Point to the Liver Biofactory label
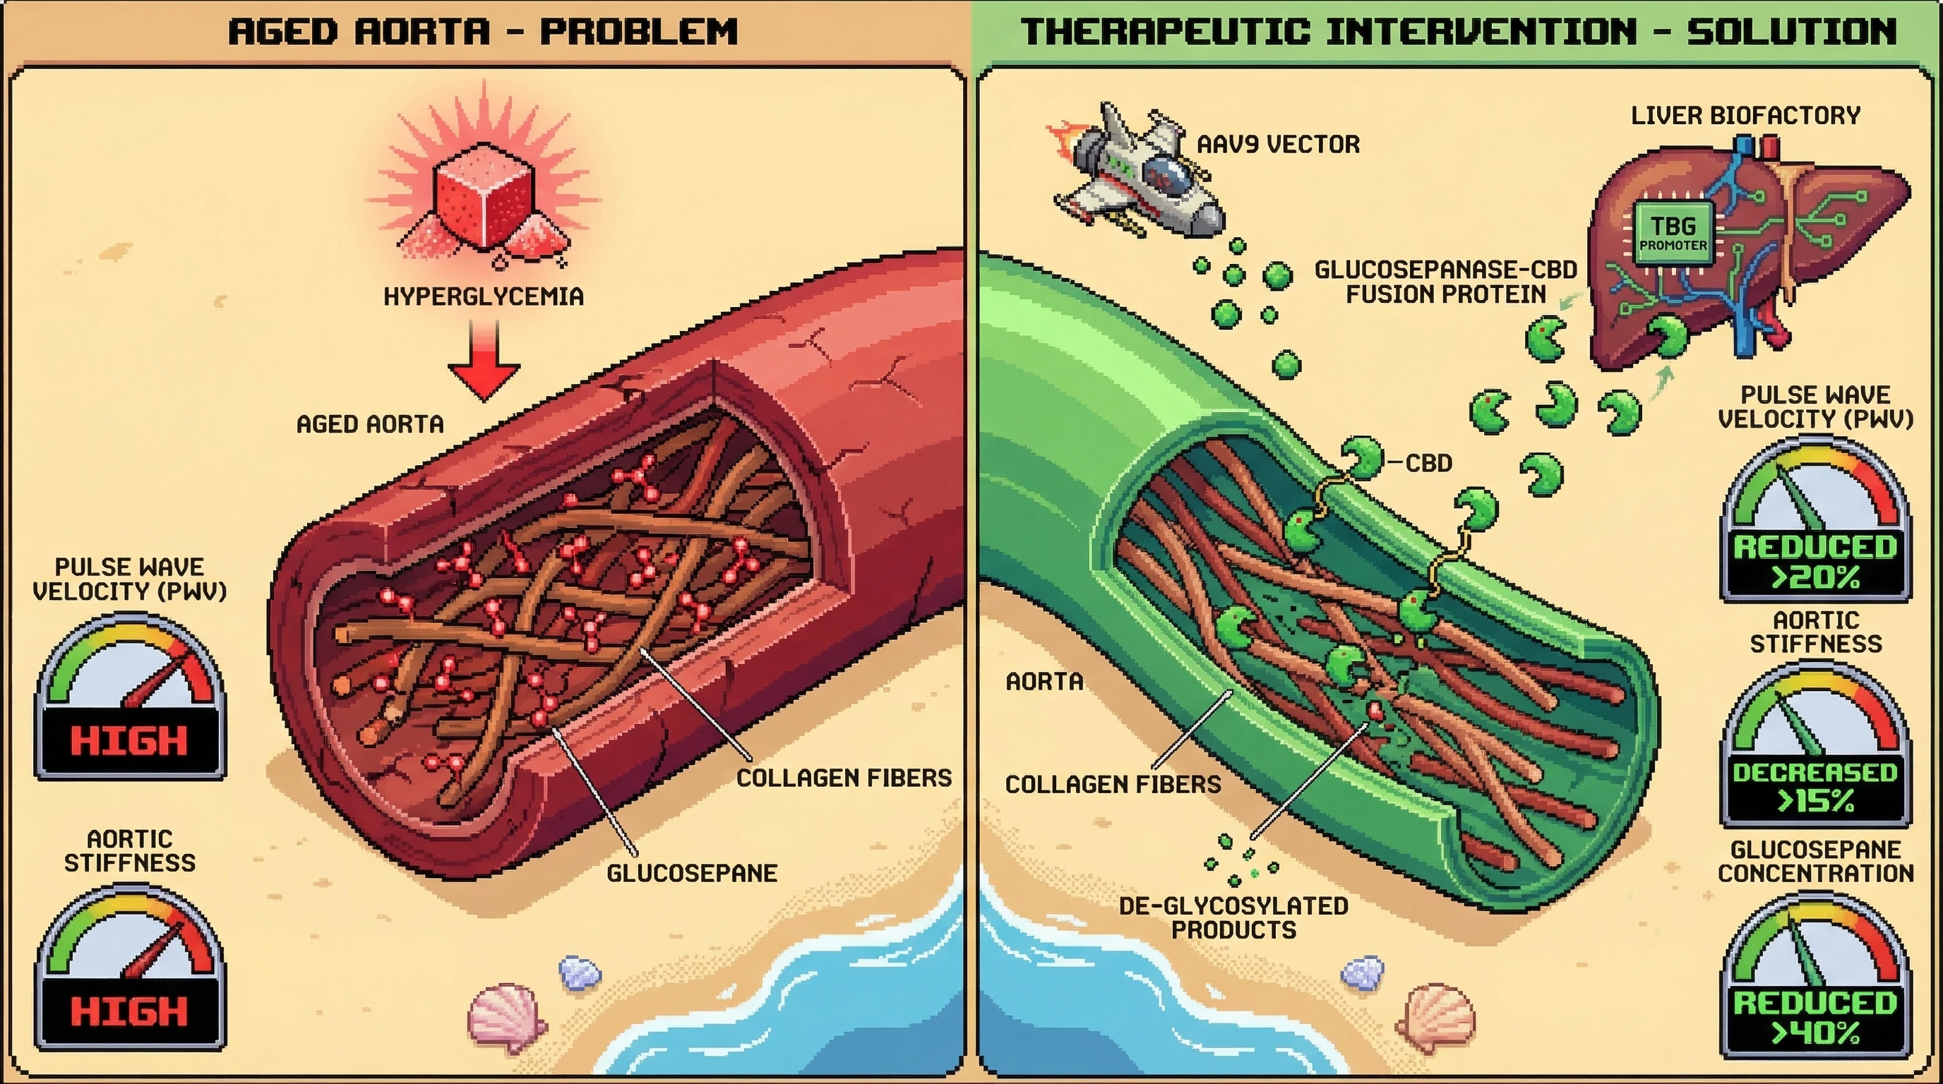1745,115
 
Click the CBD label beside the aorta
1428,463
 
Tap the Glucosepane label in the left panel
692,873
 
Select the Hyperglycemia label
484,296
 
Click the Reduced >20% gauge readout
1815,562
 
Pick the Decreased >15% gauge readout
1815,786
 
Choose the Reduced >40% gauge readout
1815,1017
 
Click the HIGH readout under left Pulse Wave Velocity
129,740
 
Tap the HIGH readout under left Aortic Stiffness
129,1011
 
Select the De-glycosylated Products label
1233,917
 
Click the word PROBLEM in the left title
639,32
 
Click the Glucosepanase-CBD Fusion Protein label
1445,282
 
